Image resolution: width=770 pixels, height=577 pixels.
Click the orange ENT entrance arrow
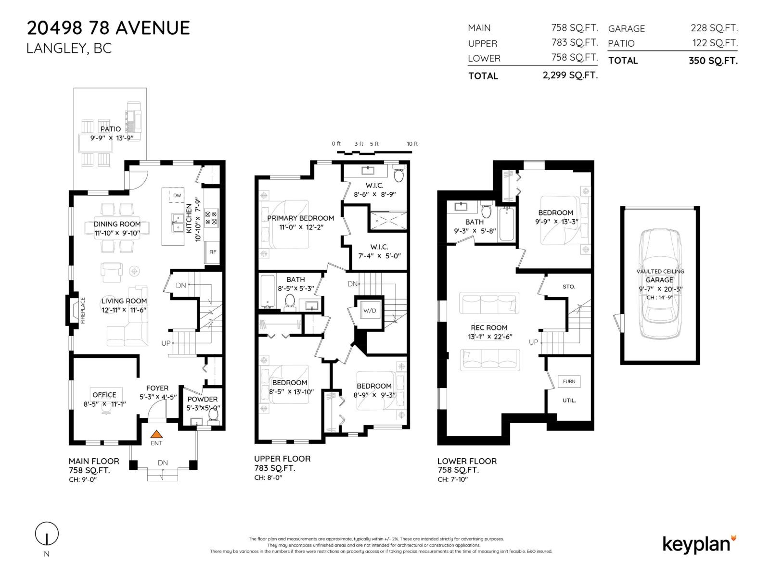[156, 434]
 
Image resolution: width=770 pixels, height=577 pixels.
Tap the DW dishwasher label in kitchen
[177, 195]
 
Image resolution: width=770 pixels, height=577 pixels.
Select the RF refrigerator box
[212, 251]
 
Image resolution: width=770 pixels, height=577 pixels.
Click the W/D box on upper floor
[370, 311]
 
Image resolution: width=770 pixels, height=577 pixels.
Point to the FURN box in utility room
[569, 381]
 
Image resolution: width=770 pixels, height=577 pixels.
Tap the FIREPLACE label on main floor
[82, 310]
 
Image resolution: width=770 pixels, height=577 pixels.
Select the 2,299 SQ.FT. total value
[570, 75]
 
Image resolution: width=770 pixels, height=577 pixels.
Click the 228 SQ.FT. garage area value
[714, 28]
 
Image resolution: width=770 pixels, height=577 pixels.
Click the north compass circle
[47, 534]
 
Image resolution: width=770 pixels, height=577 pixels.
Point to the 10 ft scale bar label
[412, 144]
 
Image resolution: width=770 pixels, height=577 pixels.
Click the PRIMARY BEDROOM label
[300, 218]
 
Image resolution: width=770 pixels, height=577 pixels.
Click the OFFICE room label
[104, 395]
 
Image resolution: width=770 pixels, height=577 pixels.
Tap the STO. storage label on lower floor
[569, 287]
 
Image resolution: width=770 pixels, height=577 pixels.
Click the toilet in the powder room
[213, 415]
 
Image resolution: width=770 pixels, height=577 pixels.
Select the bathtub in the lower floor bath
[506, 224]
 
